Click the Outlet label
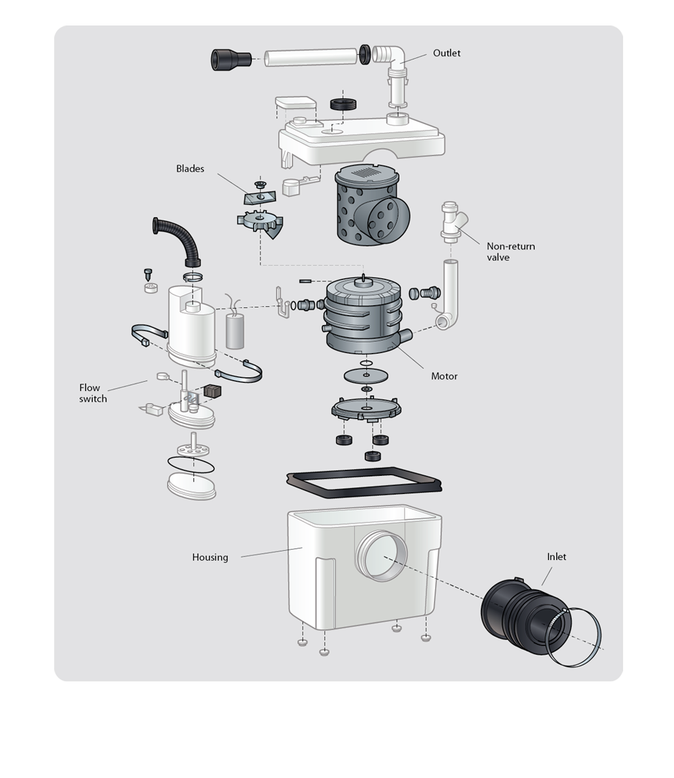point(446,53)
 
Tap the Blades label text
point(190,168)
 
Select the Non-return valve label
point(510,251)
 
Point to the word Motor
point(444,376)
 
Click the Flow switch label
point(93,393)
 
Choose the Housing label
point(210,557)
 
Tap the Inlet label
point(557,557)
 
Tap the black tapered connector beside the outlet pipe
point(231,59)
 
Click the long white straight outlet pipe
point(311,57)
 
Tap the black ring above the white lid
point(343,104)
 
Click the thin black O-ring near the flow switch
point(191,465)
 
